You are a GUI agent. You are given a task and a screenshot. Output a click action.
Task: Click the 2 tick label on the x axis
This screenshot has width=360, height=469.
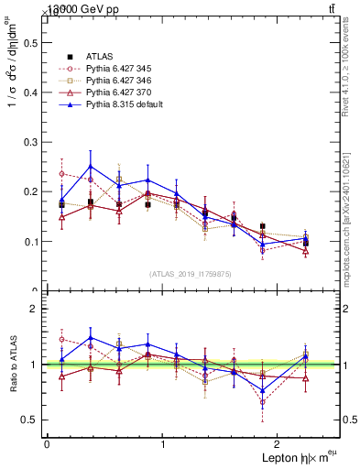[x=278, y=444]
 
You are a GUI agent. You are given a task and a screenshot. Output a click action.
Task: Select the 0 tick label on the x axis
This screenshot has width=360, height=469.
[x=47, y=444]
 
